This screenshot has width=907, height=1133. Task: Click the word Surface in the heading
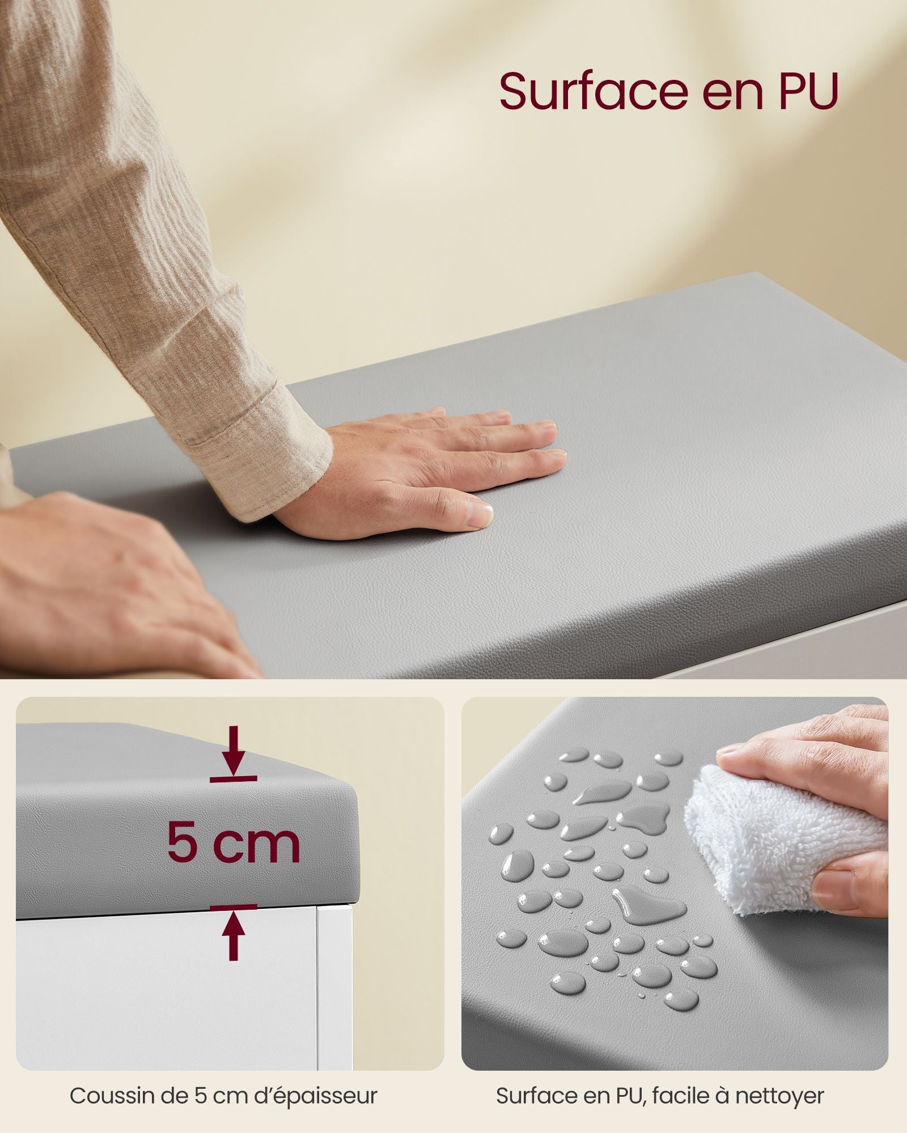[x=593, y=91]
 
